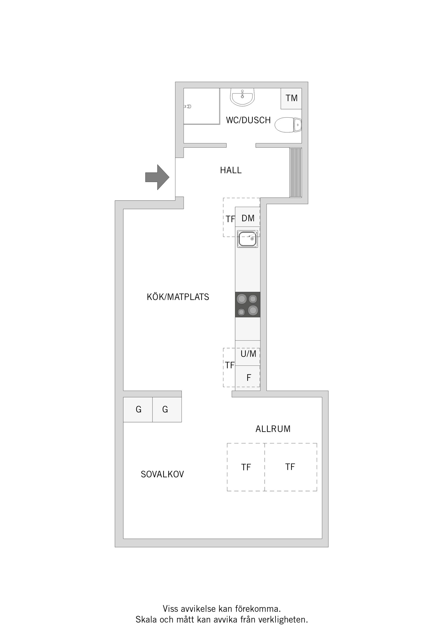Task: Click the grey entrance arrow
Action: click(x=157, y=177)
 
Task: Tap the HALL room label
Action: click(x=231, y=170)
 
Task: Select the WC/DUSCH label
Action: click(x=248, y=120)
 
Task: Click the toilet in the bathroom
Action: click(x=288, y=125)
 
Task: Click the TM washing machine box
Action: click(x=291, y=98)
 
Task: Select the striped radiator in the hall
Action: click(x=296, y=172)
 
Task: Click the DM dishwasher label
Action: click(x=248, y=218)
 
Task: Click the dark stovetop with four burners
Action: click(x=248, y=305)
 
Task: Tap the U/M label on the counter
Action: click(x=248, y=354)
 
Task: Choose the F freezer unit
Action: click(x=248, y=378)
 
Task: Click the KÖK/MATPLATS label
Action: click(x=178, y=297)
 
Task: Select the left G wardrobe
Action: click(x=138, y=409)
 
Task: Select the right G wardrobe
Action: click(x=167, y=409)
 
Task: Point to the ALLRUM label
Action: click(x=273, y=429)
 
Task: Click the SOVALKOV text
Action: click(x=163, y=474)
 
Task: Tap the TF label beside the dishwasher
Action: click(x=230, y=219)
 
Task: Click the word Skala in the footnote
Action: click(x=146, y=620)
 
